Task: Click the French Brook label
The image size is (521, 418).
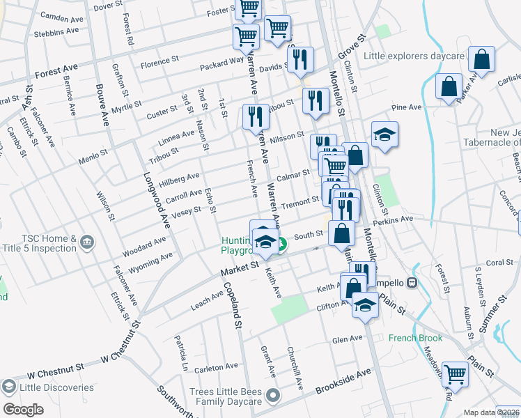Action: [x=416, y=339]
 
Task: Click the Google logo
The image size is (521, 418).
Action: [x=22, y=409]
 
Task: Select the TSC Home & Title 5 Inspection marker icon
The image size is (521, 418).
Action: [x=86, y=242]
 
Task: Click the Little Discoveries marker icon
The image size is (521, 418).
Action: [x=8, y=387]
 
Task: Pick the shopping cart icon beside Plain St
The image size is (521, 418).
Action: [x=455, y=374]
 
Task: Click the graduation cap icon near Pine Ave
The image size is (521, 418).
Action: [x=384, y=134]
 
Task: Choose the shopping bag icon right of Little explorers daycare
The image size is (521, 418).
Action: [x=481, y=59]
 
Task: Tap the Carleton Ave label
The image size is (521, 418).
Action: [x=216, y=367]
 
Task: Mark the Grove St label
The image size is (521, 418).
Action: [x=352, y=47]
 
